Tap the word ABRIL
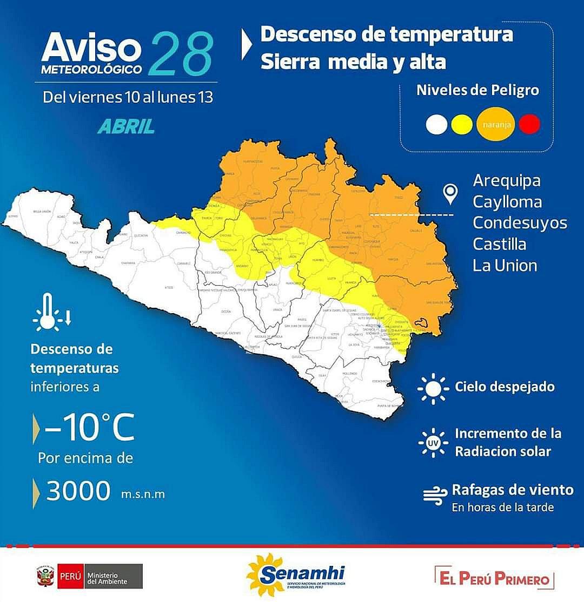tap(126, 126)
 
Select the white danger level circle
tap(436, 125)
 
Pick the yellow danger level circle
tap(462, 125)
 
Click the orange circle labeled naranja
tap(494, 125)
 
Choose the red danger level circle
tap(529, 125)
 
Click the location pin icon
tap(450, 194)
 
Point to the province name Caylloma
tap(507, 202)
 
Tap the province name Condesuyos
tap(520, 223)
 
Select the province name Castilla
tap(499, 244)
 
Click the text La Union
tap(505, 265)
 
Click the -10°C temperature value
tap(89, 430)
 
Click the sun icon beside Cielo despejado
tap(433, 387)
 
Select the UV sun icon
tap(433, 443)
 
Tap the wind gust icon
tap(434, 495)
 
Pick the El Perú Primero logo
tap(494, 579)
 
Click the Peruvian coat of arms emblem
tap(44, 576)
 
